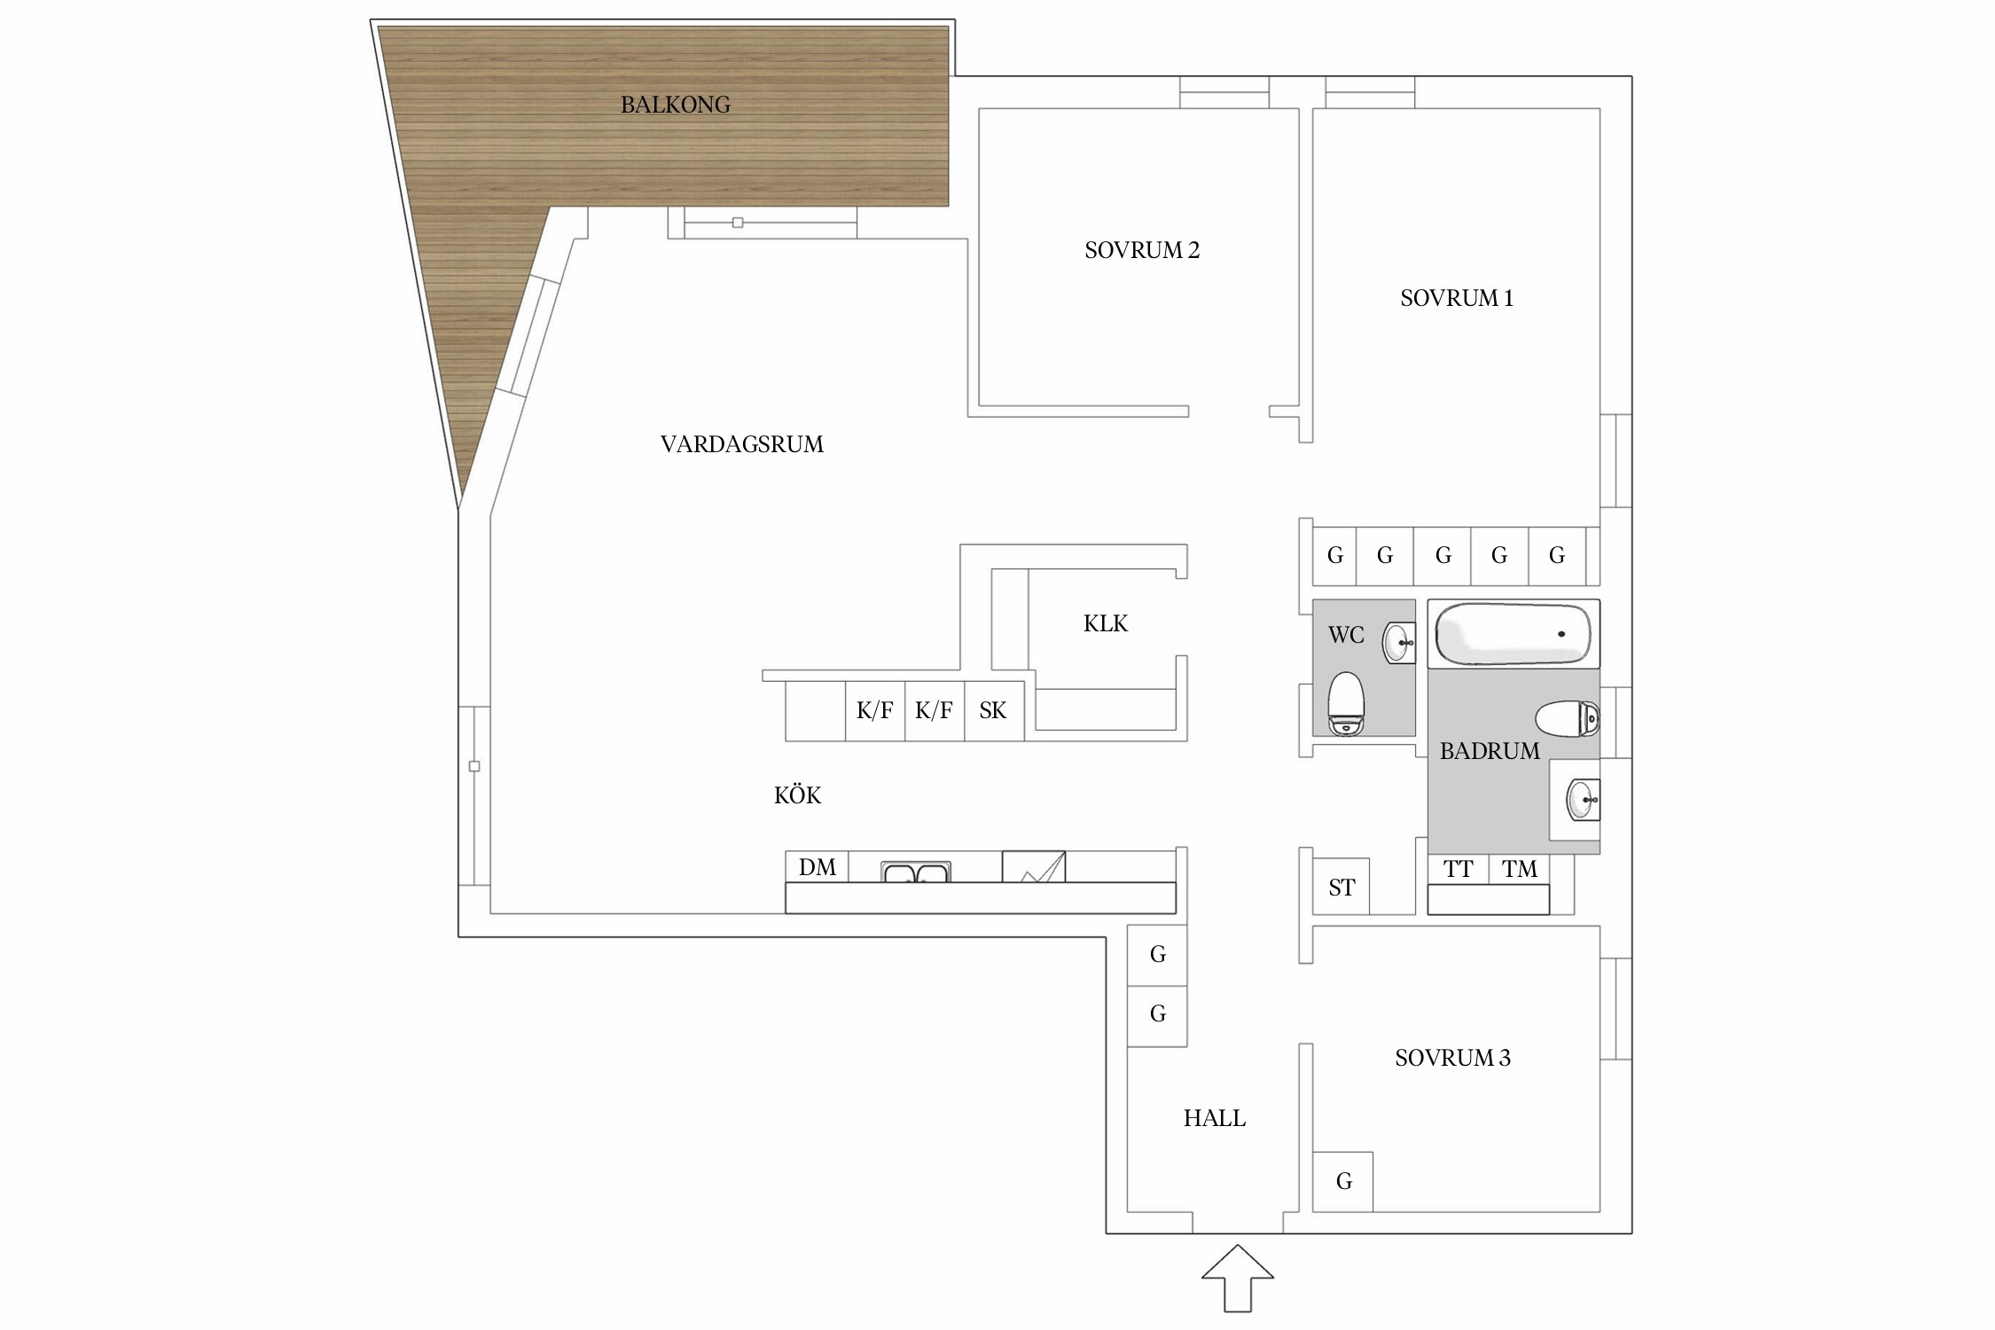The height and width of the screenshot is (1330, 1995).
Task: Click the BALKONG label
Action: pyautogui.click(x=675, y=105)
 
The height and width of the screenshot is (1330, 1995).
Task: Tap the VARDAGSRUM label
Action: pyautogui.click(x=741, y=444)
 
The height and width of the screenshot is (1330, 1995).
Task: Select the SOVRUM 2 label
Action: pyautogui.click(x=1141, y=251)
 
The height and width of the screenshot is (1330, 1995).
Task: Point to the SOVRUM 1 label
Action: pyautogui.click(x=1456, y=299)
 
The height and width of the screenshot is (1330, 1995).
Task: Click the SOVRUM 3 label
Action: pyautogui.click(x=1452, y=1058)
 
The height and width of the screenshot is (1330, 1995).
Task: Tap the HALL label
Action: pyautogui.click(x=1214, y=1119)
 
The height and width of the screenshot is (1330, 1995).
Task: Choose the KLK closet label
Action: pyautogui.click(x=1105, y=624)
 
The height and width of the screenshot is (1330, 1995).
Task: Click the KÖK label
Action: pyautogui.click(x=797, y=796)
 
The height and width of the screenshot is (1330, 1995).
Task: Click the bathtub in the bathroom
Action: pyautogui.click(x=1513, y=633)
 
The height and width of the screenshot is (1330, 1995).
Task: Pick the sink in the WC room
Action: pyautogui.click(x=1398, y=643)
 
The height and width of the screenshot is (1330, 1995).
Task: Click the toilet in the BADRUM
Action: pyautogui.click(x=1567, y=718)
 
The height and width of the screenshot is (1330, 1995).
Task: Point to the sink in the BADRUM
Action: pyautogui.click(x=1581, y=800)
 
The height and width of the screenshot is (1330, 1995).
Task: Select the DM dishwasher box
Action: pyautogui.click(x=817, y=867)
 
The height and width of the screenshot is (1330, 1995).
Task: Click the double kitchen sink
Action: pyautogui.click(x=915, y=872)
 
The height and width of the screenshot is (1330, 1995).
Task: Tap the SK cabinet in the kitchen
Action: pyautogui.click(x=993, y=711)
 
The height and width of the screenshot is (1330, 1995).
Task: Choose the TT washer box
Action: pyautogui.click(x=1458, y=870)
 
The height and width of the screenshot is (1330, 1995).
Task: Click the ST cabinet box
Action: pyautogui.click(x=1341, y=887)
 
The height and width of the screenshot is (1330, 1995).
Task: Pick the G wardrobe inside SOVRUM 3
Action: pyautogui.click(x=1343, y=1182)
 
